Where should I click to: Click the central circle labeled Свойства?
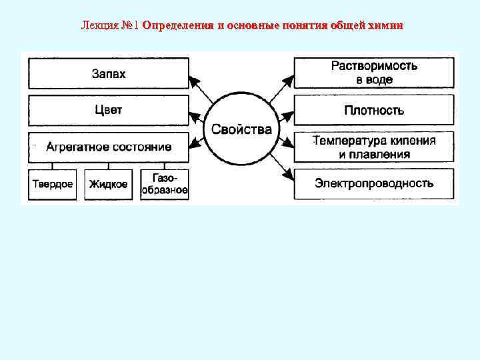pyautogui.click(x=241, y=129)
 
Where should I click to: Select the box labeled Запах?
pyautogui.click(x=109, y=72)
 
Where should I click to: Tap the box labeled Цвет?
pyautogui.click(x=109, y=109)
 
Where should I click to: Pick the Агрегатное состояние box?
pyautogui.click(x=109, y=147)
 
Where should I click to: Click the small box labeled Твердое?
pyautogui.click(x=53, y=184)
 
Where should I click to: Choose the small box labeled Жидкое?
pyautogui.click(x=108, y=184)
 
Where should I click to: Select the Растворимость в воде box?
pyautogui.click(x=374, y=72)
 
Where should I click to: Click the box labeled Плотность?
pyautogui.click(x=374, y=110)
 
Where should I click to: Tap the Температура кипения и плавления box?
pyautogui.click(x=374, y=147)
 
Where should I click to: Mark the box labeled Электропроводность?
pyautogui.click(x=374, y=183)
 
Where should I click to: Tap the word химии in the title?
pyautogui.click(x=386, y=25)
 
